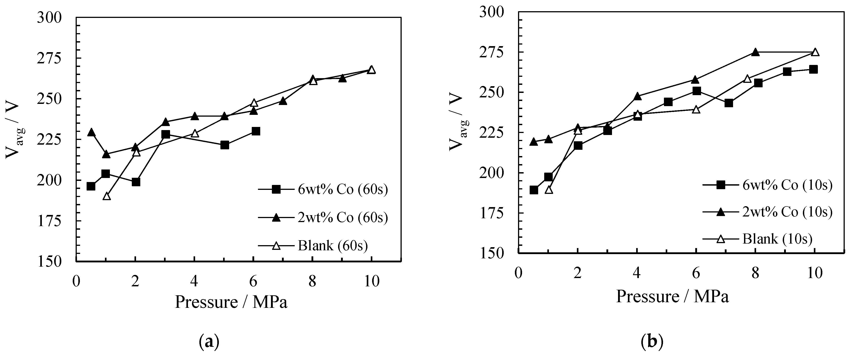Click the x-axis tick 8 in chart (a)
(x=312, y=281)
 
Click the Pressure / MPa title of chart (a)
(x=231, y=302)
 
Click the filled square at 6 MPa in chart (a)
(x=256, y=131)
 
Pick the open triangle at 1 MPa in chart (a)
(x=106, y=196)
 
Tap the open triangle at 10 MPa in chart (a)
(x=371, y=70)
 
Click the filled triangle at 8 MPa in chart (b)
(x=755, y=52)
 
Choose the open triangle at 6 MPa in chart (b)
(x=696, y=109)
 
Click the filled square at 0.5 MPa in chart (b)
(x=533, y=190)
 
